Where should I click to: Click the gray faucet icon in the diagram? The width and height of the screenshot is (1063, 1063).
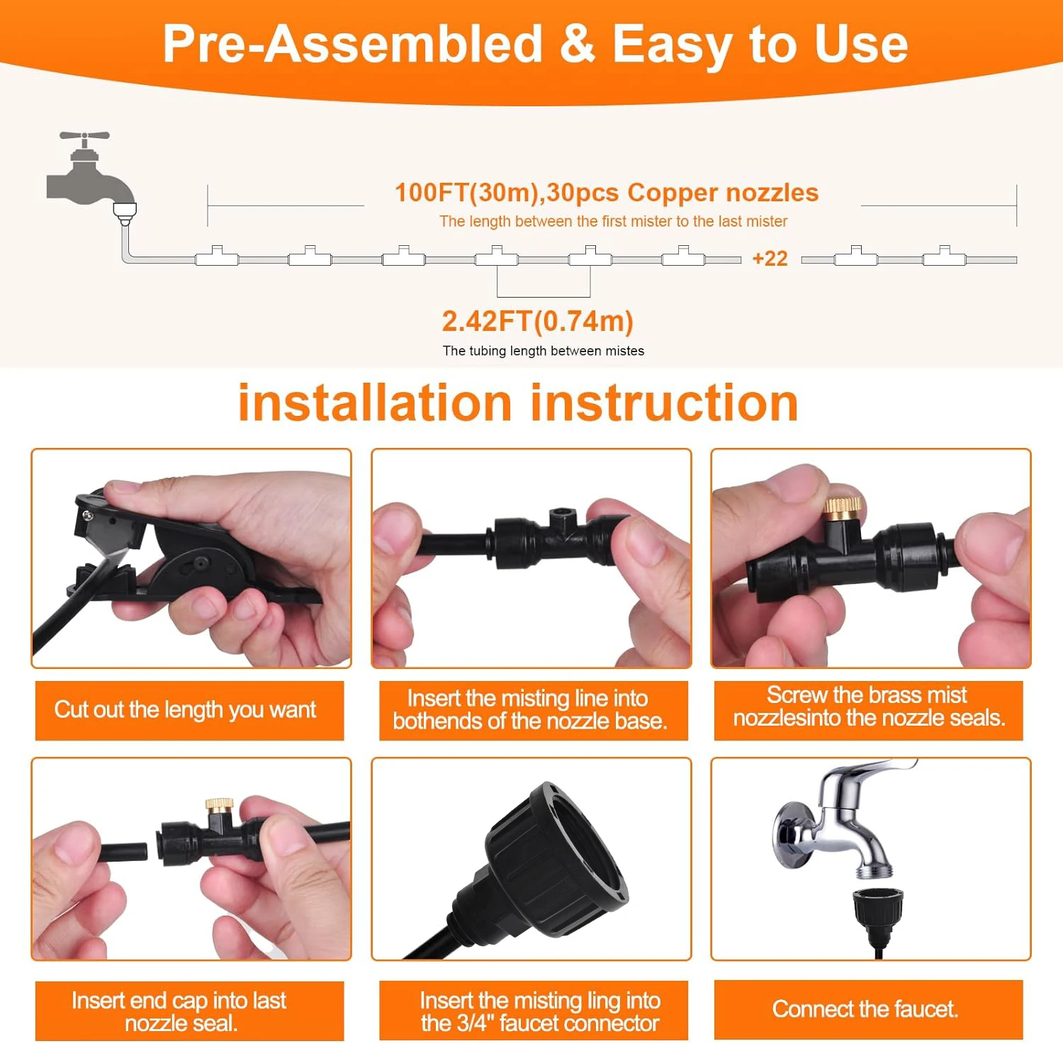[x=89, y=174]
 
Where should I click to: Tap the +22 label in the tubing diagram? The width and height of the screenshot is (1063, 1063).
[x=770, y=259]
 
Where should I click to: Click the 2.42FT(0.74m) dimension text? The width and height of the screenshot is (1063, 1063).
[x=537, y=321]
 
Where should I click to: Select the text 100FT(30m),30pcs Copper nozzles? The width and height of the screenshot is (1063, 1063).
[x=606, y=193]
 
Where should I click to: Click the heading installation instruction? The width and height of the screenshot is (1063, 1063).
[x=518, y=403]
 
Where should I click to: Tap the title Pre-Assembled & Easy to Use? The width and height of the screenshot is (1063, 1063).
[x=535, y=44]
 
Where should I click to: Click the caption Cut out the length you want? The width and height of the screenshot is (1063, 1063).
[x=186, y=709]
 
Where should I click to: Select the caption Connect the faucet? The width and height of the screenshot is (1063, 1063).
[x=865, y=1008]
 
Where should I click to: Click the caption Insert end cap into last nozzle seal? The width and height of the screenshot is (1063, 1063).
[x=179, y=1011]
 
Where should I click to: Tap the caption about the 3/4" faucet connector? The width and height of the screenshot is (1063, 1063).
[x=540, y=1011]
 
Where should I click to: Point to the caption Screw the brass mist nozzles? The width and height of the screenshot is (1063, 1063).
[x=869, y=707]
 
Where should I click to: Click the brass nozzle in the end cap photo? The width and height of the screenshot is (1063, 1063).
[x=220, y=805]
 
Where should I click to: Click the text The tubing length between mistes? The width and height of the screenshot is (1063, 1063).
[x=543, y=351]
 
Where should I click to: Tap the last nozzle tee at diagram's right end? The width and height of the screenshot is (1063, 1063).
[x=944, y=257]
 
